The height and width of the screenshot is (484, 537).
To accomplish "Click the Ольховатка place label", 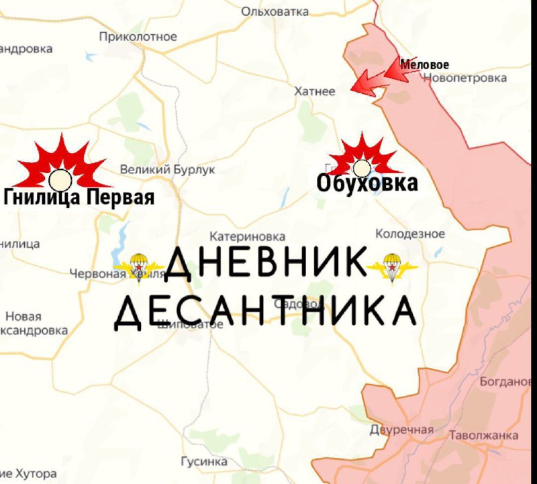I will click(275, 11).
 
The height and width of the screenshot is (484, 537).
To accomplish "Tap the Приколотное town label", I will click(138, 37).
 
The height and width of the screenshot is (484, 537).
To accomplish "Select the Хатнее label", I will click(315, 91).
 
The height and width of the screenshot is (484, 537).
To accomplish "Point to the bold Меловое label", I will click(424, 65).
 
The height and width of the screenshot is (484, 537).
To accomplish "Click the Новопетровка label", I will click(465, 78).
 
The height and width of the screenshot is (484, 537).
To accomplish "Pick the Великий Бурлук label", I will click(168, 170).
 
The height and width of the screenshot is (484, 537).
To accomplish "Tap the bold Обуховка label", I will click(367, 183).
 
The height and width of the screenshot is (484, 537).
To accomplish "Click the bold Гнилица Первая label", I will click(79, 197).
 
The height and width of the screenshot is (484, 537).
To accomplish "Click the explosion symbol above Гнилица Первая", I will click(60, 166).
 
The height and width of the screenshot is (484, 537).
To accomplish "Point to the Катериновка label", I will click(247, 237).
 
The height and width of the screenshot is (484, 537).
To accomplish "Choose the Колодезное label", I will click(409, 234).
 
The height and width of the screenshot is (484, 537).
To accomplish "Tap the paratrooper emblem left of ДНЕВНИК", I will click(138, 267).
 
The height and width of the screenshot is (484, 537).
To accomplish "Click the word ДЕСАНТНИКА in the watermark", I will click(264, 311).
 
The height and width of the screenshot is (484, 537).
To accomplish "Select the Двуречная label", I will click(401, 430).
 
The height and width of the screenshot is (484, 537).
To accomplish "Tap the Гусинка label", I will click(204, 462).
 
